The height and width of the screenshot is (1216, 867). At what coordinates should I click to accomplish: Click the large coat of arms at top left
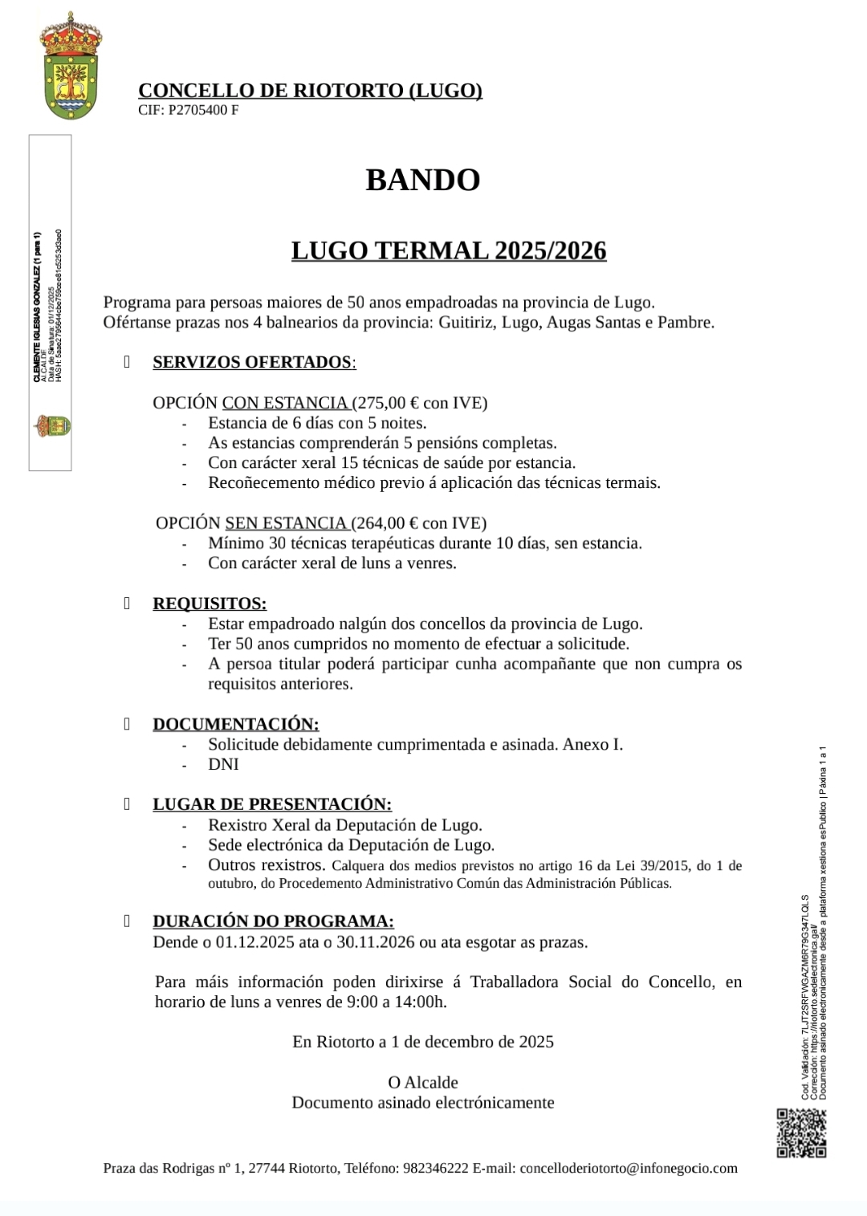[71, 67]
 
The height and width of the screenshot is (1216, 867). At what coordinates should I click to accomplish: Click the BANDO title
[423, 179]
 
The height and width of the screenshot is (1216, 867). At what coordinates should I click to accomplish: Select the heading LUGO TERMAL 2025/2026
[449, 251]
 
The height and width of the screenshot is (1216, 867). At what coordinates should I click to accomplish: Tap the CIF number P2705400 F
[202, 111]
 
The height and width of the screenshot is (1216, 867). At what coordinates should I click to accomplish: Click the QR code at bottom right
[801, 1133]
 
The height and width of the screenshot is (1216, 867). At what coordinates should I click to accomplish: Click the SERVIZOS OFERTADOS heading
[252, 362]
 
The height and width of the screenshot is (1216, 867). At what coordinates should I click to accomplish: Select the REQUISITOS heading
[210, 604]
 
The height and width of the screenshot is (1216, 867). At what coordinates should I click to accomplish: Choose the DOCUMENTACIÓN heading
[236, 724]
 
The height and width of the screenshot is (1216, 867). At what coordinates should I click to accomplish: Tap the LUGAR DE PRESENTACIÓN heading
[272, 804]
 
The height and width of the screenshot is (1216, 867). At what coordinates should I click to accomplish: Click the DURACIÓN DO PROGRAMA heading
[273, 921]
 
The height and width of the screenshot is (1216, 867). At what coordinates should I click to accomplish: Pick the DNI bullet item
[223, 764]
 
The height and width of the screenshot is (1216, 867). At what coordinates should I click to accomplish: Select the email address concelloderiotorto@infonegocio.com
[629, 1169]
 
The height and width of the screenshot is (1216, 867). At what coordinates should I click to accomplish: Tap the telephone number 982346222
[436, 1169]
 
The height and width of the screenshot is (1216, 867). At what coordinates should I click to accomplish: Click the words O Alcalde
[423, 1082]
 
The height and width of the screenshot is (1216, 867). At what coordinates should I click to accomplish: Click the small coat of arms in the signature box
[52, 425]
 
